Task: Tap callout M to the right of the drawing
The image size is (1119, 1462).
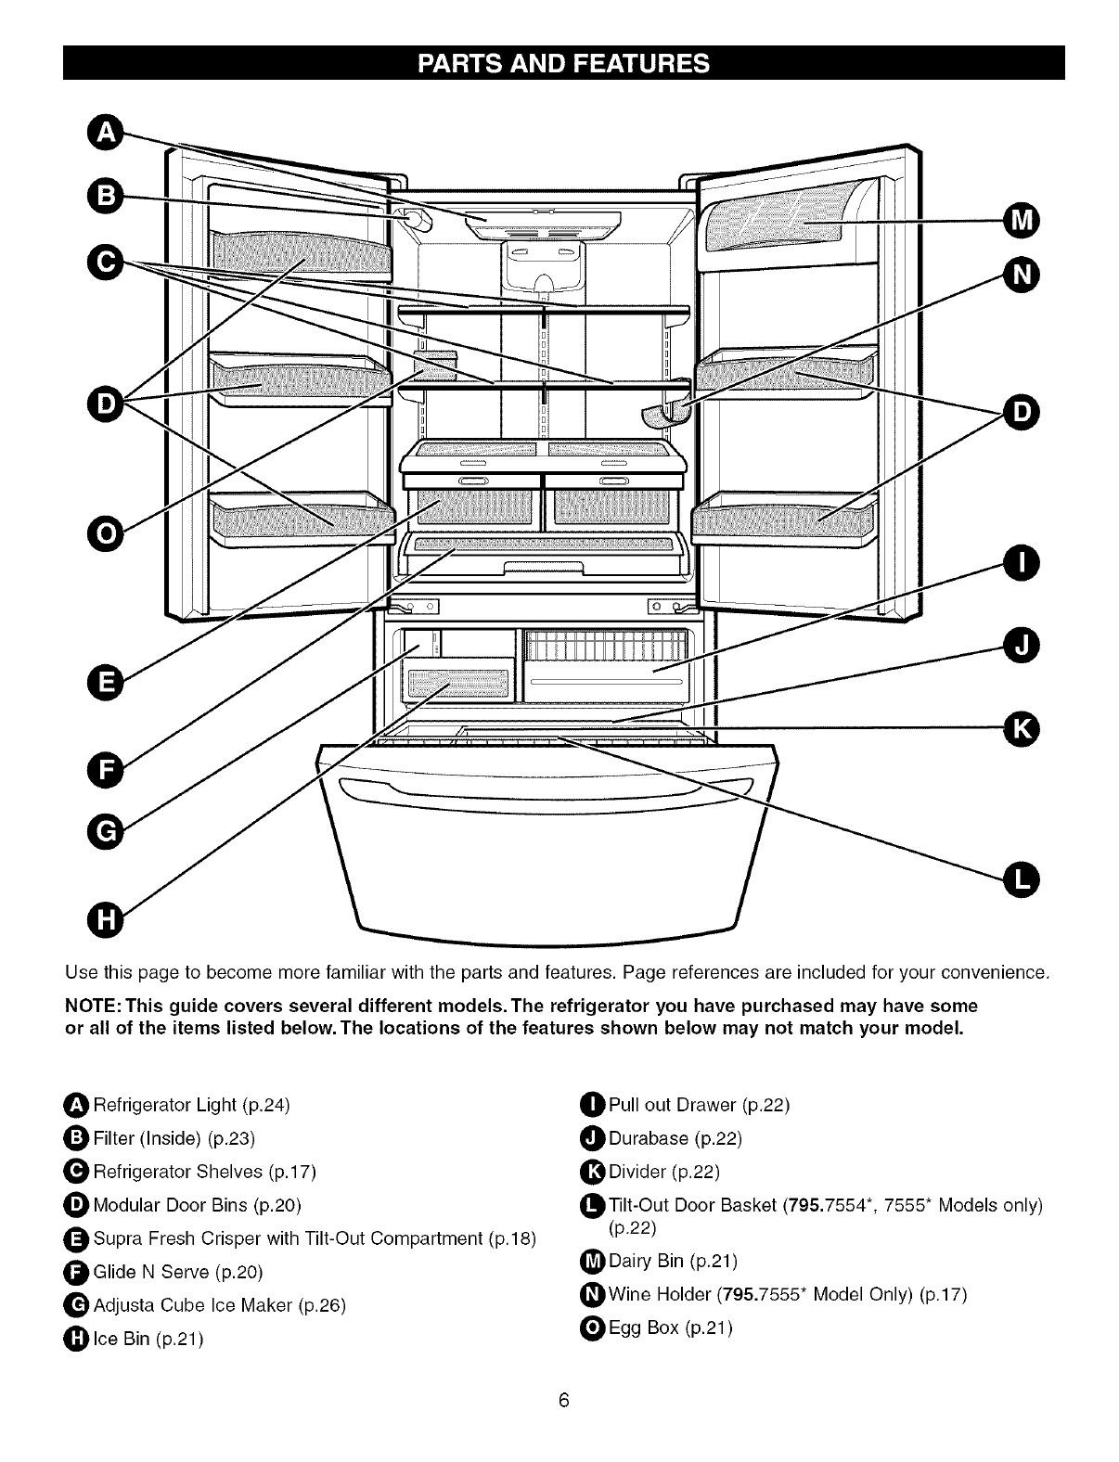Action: point(1021,221)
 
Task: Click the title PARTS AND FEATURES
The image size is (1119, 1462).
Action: point(563,63)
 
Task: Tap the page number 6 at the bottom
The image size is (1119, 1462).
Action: point(562,1401)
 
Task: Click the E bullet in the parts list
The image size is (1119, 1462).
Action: point(78,1238)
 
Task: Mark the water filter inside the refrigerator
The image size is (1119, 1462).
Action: point(415,220)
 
